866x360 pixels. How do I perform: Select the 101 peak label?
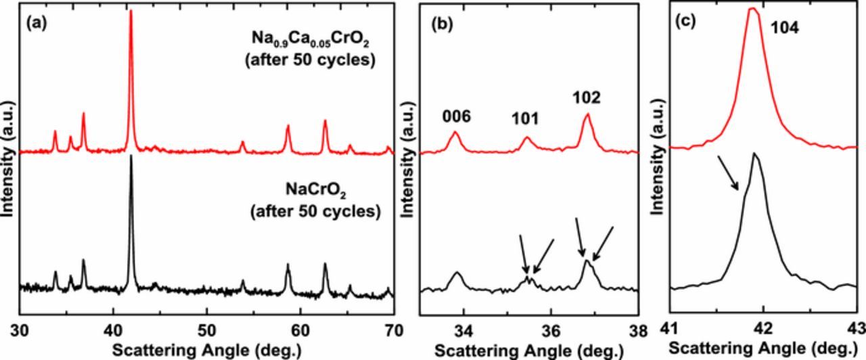tap(524, 120)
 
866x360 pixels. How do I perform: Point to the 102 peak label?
tap(586, 97)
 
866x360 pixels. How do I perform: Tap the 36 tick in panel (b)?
tap(551, 331)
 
